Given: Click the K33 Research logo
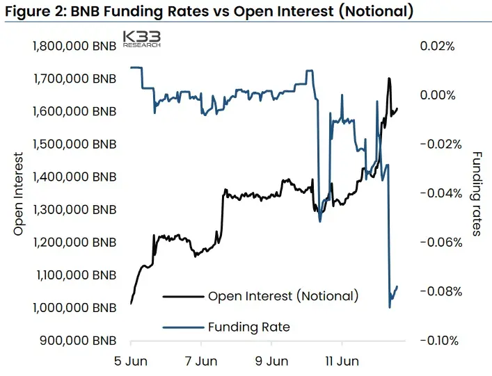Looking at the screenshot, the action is pos(142,39).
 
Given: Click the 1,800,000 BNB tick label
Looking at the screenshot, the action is pos(74,46).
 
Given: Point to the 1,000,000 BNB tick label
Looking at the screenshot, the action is pos(74,308).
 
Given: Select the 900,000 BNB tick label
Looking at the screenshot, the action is pos(78,341).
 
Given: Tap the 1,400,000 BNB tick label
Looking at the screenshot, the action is pos(74,177).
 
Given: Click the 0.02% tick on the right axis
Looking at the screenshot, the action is pos(438,47).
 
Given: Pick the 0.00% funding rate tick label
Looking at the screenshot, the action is pos(438,95).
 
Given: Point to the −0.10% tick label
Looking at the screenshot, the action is pos(440,341).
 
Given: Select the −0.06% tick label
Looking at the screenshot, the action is pos(441,243).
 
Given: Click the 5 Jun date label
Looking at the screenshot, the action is pos(131,361).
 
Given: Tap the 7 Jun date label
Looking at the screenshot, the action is pos(201,361).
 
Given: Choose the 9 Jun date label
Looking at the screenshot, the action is pos(271,361).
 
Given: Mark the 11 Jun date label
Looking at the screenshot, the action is pos(342,361).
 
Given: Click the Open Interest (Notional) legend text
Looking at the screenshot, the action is pos(283,296).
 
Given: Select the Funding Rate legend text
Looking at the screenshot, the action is pos(249,327).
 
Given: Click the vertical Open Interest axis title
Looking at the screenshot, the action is pos(19,194).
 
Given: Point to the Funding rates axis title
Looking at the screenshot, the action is pos(476,194).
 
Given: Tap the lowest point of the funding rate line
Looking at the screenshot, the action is pos(390,307).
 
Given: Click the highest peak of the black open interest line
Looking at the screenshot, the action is pos(389,78).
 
